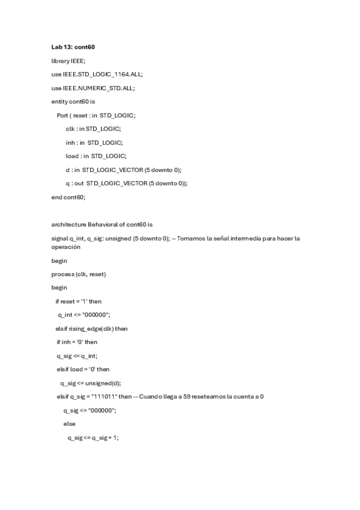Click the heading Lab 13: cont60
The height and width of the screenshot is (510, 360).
tap(73, 46)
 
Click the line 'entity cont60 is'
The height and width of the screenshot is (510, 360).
tap(73, 102)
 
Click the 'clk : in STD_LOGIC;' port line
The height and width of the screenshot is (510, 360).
tap(93, 129)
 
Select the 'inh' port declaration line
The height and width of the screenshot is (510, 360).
tap(94, 143)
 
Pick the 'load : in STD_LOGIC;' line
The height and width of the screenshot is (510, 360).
tap(96, 156)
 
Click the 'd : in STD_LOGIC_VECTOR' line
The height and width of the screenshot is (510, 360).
tap(123, 170)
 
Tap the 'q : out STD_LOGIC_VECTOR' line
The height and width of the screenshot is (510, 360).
tap(126, 183)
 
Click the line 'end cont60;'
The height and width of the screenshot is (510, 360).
tap(69, 197)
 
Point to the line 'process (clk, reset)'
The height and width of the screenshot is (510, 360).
tap(79, 274)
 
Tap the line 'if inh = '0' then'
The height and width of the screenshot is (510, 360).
tap(77, 342)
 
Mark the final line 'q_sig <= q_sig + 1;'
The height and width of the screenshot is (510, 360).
tap(93, 438)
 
